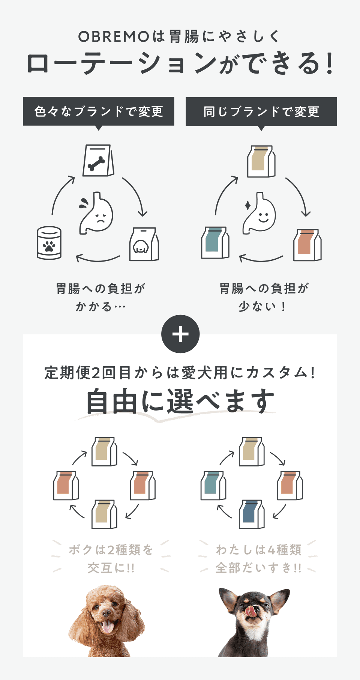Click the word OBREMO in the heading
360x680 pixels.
tap(114, 37)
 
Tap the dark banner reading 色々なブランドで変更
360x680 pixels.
tap(99, 111)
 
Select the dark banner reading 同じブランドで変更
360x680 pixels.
tap(261, 111)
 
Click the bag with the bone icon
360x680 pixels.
tap(98, 161)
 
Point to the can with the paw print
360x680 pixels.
tap(49, 243)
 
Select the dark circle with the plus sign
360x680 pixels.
tap(180, 334)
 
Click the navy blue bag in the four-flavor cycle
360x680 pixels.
tap(252, 514)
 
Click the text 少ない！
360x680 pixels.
tap(262, 307)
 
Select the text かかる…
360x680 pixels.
tap(100, 307)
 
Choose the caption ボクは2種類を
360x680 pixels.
tap(111, 550)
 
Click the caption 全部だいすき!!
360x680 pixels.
tap(258, 568)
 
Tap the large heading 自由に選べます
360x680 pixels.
tap(180, 402)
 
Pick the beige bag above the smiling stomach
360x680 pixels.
tap(261, 161)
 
